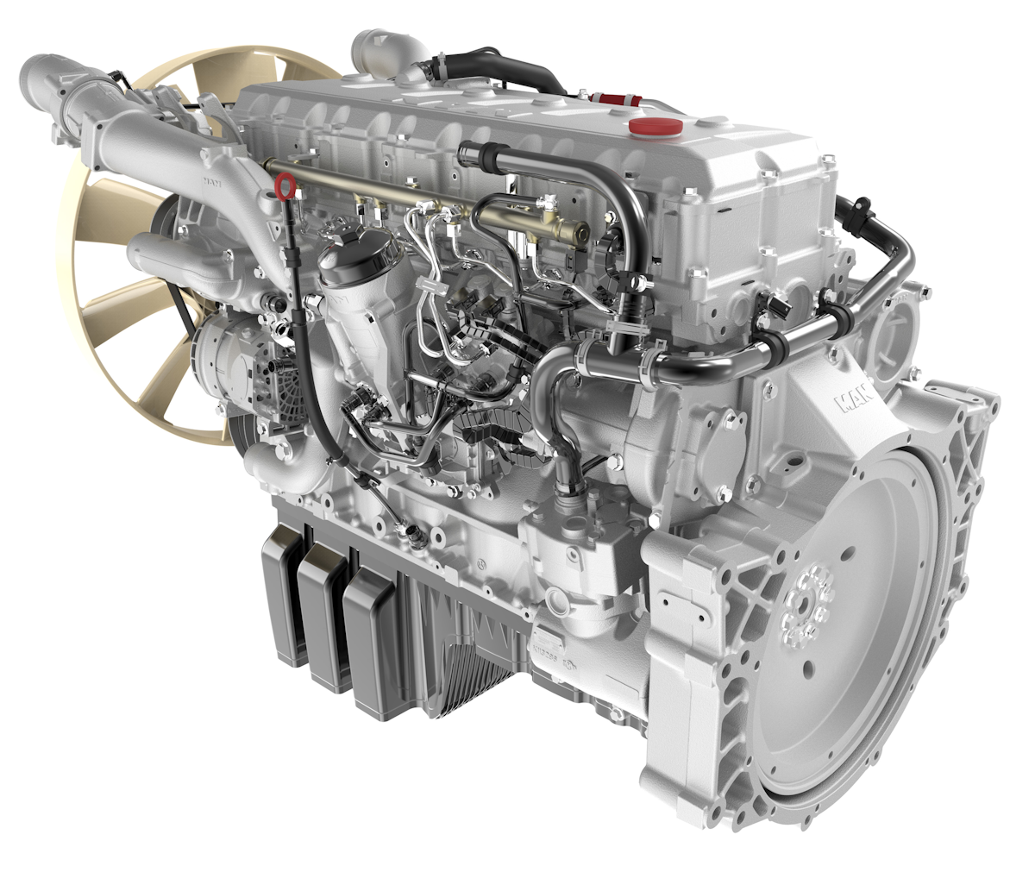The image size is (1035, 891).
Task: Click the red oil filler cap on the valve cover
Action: pos(655,127)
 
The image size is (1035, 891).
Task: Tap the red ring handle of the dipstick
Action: pos(284,185)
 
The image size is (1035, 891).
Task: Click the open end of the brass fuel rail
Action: pos(583,231)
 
